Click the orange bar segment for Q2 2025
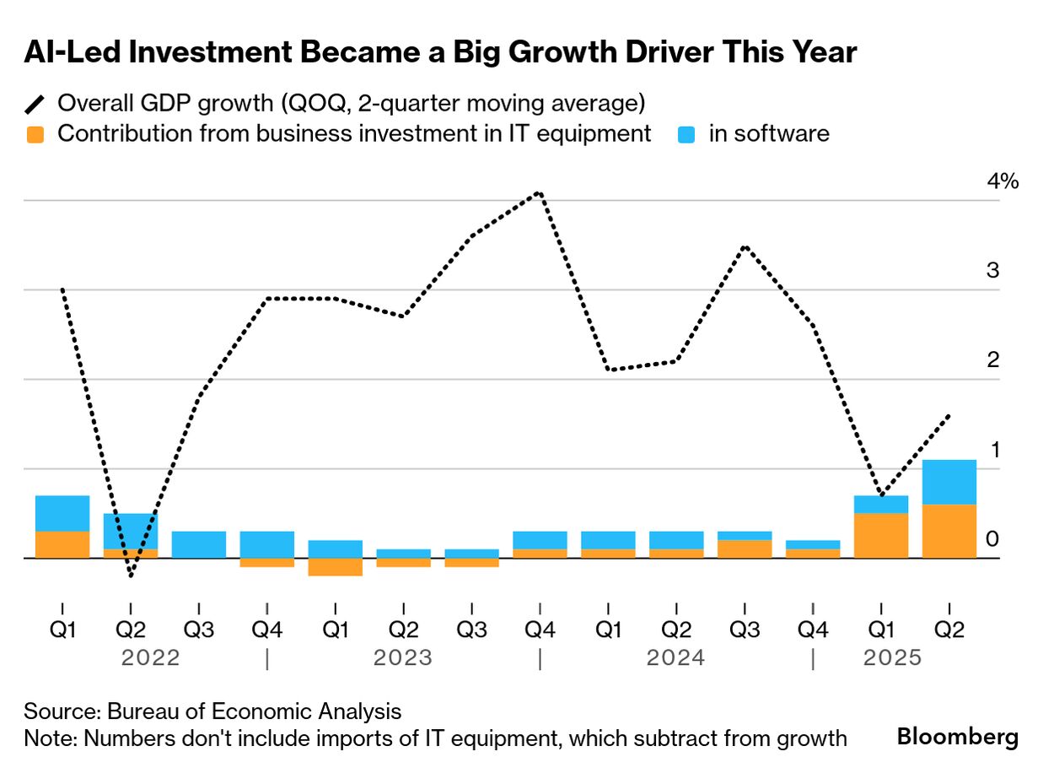tap(949, 531)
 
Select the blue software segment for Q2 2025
tap(949, 482)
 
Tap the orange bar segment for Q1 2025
tap(881, 535)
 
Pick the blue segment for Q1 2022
tap(62, 513)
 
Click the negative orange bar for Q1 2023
tap(335, 567)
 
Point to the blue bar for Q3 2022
tap(199, 544)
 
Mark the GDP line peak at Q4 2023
tap(540, 192)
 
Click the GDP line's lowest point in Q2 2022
tap(131, 576)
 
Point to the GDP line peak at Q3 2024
tap(745, 246)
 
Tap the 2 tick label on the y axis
tap(992, 360)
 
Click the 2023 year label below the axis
tap(403, 658)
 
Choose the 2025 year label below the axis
tap(892, 658)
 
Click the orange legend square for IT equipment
tap(35, 134)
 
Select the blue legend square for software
tap(686, 134)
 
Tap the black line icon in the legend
tap(35, 104)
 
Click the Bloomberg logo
tap(957, 737)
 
